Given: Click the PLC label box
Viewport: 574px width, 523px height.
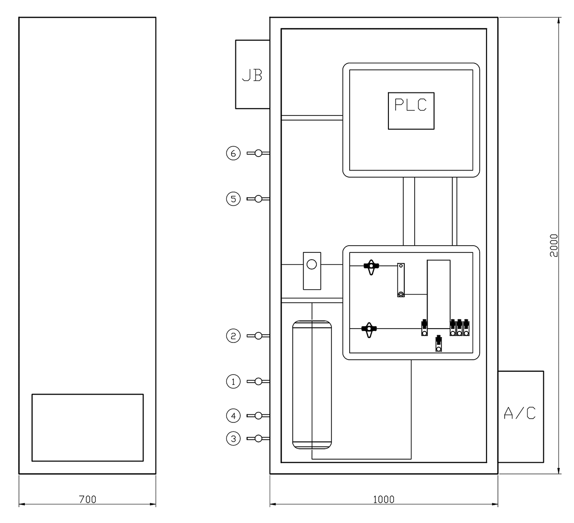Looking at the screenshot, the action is click(411, 111).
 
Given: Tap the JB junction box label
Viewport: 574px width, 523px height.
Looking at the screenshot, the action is click(252, 76).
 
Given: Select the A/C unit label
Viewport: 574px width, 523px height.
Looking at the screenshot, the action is click(519, 413).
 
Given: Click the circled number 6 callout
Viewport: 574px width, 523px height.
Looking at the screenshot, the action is click(233, 153).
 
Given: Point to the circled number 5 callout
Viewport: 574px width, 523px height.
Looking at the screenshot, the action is click(233, 199).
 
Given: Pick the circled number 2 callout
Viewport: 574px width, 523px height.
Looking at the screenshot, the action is click(233, 336).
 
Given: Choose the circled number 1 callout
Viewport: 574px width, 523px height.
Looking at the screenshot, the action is click(233, 381).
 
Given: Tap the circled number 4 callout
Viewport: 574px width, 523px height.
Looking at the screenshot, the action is click(233, 416).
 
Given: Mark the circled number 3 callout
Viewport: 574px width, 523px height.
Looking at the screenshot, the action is click(233, 438).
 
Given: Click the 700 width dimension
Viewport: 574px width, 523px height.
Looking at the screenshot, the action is click(88, 500).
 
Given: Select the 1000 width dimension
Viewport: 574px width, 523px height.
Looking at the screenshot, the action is click(384, 500).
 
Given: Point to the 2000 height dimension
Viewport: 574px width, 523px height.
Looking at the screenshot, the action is click(554, 246).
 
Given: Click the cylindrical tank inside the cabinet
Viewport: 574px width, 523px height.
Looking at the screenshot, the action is click(312, 385).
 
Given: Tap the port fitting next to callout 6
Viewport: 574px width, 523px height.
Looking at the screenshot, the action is click(258, 153).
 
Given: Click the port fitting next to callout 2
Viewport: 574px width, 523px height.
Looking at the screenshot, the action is click(258, 336).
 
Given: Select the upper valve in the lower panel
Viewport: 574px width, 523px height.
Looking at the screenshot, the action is click(371, 266).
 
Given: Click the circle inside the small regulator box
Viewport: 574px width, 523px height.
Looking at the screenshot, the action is click(311, 264).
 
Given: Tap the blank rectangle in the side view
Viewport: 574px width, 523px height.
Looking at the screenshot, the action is click(88, 428).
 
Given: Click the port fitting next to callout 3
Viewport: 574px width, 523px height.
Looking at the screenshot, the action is click(258, 438).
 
